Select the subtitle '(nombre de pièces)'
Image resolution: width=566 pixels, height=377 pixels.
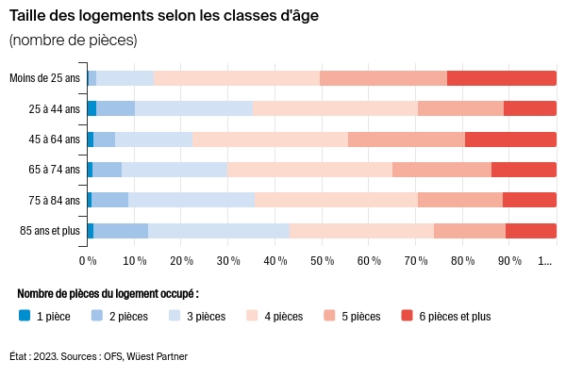pos(73,40)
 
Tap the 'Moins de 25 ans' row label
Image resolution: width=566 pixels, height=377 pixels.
pos(44,78)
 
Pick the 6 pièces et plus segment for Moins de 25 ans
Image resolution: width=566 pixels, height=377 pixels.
pos(501,78)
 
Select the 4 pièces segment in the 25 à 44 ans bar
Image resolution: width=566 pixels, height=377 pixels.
pos(335,108)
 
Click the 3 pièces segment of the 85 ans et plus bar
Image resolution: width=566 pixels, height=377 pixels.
pos(218,231)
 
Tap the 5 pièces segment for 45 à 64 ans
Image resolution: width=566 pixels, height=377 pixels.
pos(407,139)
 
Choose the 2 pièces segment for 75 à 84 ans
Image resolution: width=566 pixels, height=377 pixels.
pos(109,200)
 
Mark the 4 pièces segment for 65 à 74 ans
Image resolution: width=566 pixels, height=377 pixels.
pos(309,170)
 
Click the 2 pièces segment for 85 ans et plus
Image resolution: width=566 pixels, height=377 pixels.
pos(121,231)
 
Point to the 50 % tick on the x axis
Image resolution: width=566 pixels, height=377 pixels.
pos(322,260)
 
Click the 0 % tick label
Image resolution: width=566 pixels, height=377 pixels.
pos(88,260)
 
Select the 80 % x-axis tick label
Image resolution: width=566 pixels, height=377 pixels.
pos(462,260)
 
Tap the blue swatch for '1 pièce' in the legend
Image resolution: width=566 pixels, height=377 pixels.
pos(25,316)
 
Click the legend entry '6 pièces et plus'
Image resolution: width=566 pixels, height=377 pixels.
pos(454,317)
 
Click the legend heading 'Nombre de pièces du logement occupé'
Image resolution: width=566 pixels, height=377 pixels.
pos(108,294)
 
